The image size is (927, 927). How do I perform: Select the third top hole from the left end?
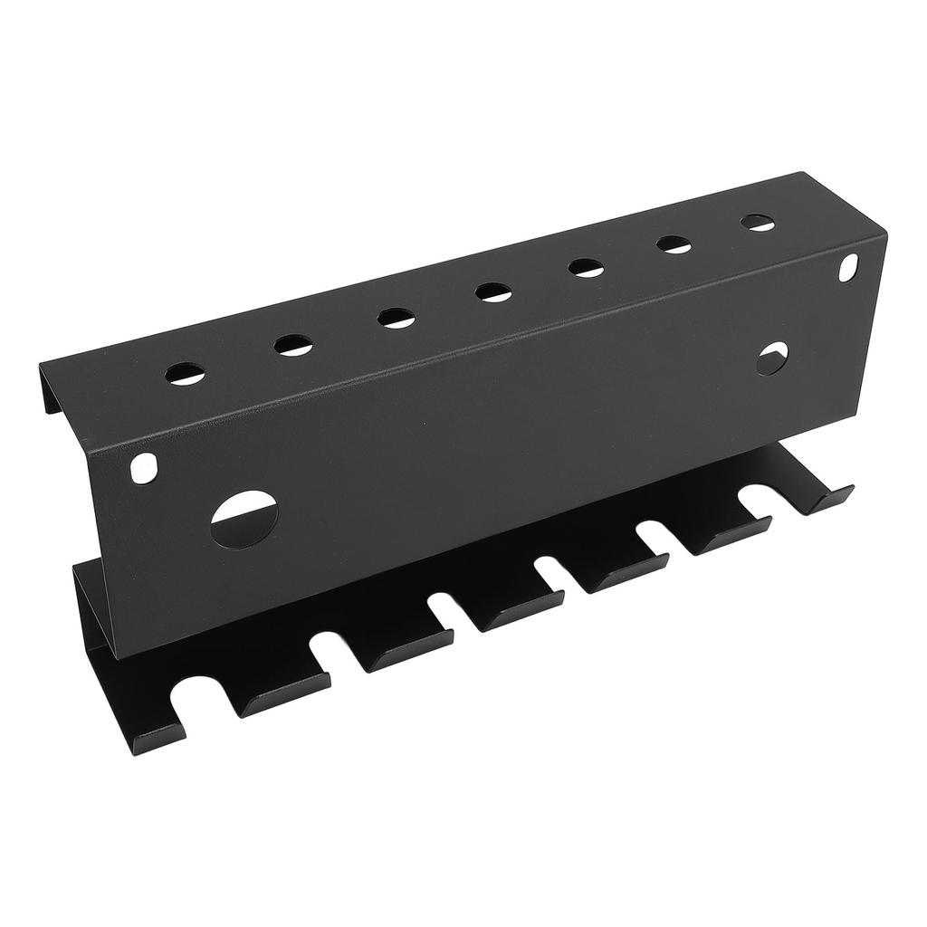click(x=397, y=318)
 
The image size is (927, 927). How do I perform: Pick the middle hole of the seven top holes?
click(x=492, y=291)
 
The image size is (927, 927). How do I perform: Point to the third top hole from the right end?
click(x=587, y=267)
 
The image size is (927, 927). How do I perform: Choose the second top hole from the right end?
click(x=674, y=244)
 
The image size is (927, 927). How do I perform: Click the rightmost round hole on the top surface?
click(x=758, y=222)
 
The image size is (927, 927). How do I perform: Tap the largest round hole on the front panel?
click(x=244, y=518)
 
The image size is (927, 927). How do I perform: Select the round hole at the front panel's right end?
click(x=772, y=358)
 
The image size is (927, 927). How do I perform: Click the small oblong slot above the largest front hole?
click(x=143, y=469)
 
